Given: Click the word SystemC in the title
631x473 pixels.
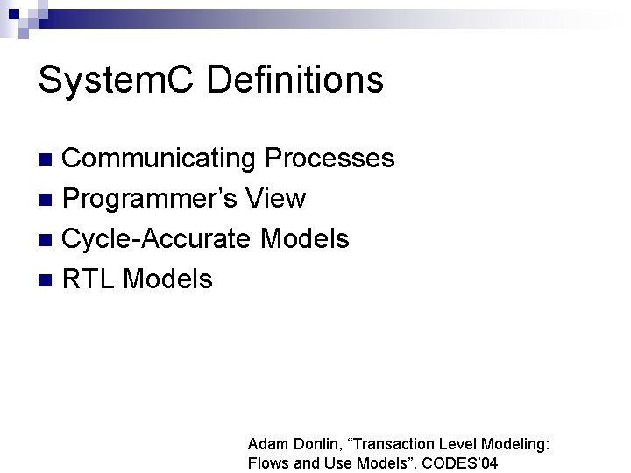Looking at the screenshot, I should point(102,80).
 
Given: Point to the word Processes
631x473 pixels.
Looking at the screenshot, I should point(330,159).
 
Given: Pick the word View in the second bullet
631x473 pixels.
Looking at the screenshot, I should point(277,199).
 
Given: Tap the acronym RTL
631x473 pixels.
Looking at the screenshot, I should point(89,279).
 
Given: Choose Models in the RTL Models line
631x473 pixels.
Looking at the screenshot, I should point(168,279).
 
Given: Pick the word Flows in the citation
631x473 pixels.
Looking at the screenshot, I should point(268,463).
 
